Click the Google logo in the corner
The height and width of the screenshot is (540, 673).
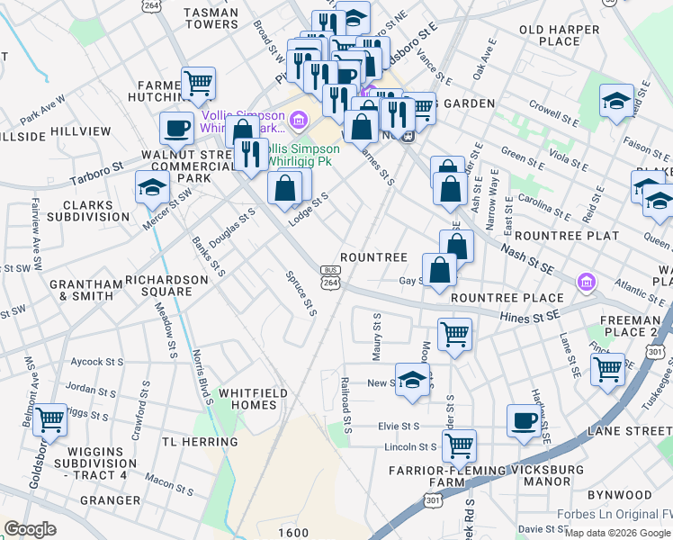click(31, 530)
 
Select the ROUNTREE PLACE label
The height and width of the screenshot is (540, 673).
click(507, 298)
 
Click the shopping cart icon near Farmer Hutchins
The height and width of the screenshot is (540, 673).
click(199, 84)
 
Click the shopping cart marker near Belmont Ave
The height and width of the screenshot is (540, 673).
click(49, 418)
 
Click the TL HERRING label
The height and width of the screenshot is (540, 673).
click(200, 442)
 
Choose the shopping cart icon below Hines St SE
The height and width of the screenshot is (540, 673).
click(455, 335)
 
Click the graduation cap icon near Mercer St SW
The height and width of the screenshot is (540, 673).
click(152, 188)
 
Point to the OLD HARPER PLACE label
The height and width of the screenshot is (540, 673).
click(562, 35)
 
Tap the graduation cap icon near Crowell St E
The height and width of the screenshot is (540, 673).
click(616, 101)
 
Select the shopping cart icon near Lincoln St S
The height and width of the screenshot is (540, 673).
click(459, 445)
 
